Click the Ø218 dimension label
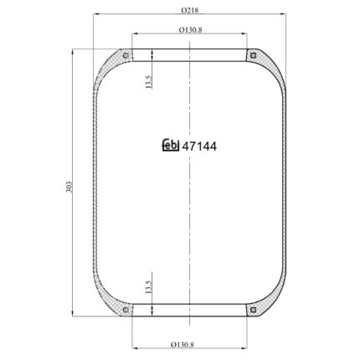tap(190, 10)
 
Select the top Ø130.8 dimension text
tap(190, 29)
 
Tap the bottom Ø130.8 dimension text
tap(182, 344)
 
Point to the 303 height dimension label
tap(69, 187)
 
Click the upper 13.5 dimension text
tap(148, 82)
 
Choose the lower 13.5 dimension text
tap(148, 287)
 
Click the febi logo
tap(171, 145)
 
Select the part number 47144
tap(199, 147)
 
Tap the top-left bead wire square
tap(126, 55)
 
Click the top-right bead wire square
tap(253, 55)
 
